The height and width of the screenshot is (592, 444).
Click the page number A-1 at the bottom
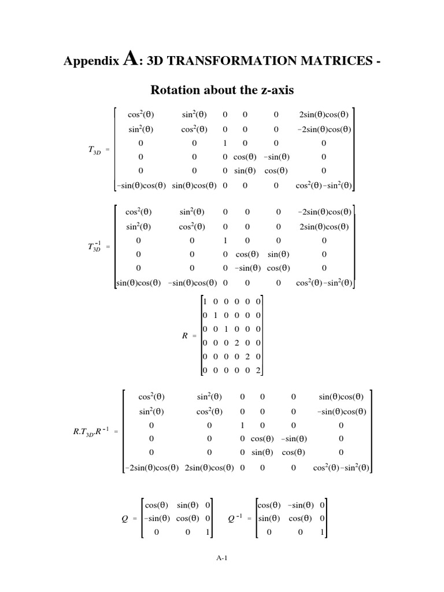tap(222, 558)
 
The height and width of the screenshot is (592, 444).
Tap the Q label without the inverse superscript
tap(125, 519)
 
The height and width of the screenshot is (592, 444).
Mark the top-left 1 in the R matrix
tap(205, 301)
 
